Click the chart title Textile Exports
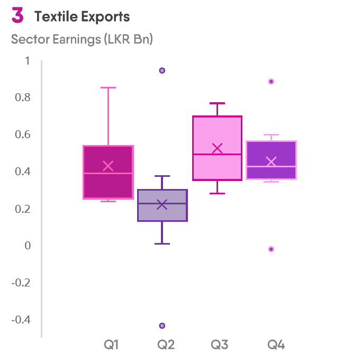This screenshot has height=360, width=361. pos(82,17)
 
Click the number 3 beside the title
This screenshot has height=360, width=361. pos(17,16)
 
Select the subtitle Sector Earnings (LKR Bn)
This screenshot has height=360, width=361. pos(82,40)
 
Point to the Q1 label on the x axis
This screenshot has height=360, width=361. pos(111,345)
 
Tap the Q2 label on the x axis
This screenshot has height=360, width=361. pos(166,345)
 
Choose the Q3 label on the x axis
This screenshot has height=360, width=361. pos(220,345)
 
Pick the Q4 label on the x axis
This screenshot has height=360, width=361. pos(276,345)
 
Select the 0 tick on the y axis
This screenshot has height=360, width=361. pos(28,246)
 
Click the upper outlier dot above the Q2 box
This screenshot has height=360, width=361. pos(163,70)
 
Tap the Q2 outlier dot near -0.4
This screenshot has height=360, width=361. pos(163,326)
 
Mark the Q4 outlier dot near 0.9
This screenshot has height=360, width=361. pos(271,82)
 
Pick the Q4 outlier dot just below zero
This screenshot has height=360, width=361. pos(271,249)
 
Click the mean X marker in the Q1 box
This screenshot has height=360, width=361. pos(108,166)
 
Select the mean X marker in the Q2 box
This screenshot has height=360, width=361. pos(163,204)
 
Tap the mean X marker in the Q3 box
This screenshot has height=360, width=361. pos(217,148)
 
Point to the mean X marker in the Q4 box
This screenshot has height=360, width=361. pos(271,162)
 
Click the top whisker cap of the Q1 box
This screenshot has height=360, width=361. pos(108,87)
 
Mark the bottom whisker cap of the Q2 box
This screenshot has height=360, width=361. pos(163,244)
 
